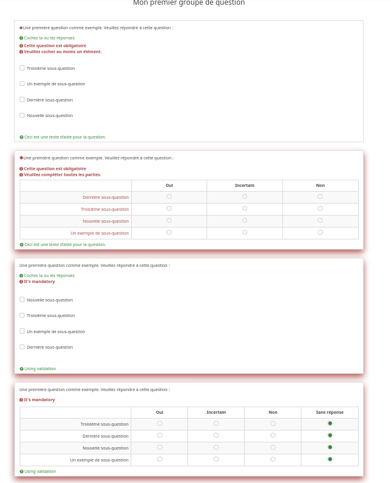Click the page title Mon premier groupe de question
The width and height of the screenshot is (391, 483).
(189, 3)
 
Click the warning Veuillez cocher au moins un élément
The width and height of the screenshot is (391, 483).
(63, 52)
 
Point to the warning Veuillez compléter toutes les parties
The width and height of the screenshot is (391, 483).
(62, 175)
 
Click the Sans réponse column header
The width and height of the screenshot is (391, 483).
(330, 413)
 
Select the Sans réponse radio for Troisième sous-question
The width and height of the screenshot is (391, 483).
(330, 423)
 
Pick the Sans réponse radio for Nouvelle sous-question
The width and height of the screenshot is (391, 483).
(330, 447)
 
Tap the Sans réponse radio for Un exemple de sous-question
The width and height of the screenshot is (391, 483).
(330, 459)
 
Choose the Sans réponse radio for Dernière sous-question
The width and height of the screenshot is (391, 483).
(330, 435)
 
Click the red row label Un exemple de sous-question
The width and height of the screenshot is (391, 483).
(100, 233)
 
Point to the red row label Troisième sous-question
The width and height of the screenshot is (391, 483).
(104, 209)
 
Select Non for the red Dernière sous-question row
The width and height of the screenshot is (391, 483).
(321, 196)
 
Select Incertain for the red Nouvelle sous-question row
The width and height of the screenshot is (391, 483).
(245, 220)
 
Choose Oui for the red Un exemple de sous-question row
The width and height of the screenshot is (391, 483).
(170, 232)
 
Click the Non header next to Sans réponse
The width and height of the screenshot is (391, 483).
(273, 413)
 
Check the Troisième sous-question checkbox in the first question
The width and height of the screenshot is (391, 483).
(22, 68)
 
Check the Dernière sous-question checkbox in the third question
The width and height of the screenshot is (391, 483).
(22, 347)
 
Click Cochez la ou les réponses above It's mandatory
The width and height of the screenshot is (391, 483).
(49, 276)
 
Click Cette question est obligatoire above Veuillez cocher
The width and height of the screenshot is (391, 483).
(55, 45)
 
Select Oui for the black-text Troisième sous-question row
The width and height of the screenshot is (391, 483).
(159, 423)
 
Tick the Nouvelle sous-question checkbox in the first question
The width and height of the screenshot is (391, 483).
(22, 115)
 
